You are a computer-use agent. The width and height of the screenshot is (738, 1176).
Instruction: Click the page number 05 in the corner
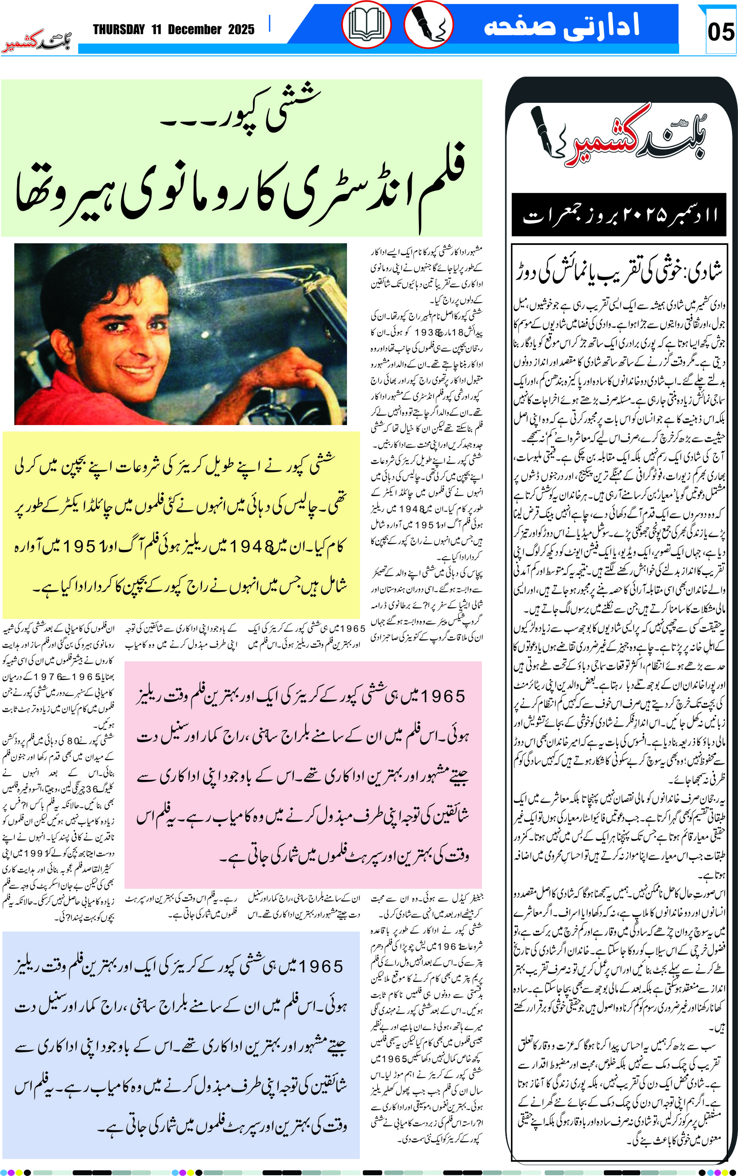pyautogui.click(x=721, y=32)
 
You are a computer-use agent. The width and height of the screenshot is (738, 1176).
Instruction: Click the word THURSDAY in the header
pyautogui.click(x=119, y=30)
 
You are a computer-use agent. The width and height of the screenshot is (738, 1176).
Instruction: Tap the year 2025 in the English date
pyautogui.click(x=241, y=30)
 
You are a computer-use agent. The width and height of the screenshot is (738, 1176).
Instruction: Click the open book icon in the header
pyautogui.click(x=366, y=24)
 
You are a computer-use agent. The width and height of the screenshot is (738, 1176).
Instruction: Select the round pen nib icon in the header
pyautogui.click(x=428, y=24)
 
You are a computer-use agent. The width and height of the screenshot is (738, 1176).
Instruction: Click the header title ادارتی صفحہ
pyautogui.click(x=561, y=25)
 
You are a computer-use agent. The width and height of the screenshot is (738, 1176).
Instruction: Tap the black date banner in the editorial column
pyautogui.click(x=619, y=215)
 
